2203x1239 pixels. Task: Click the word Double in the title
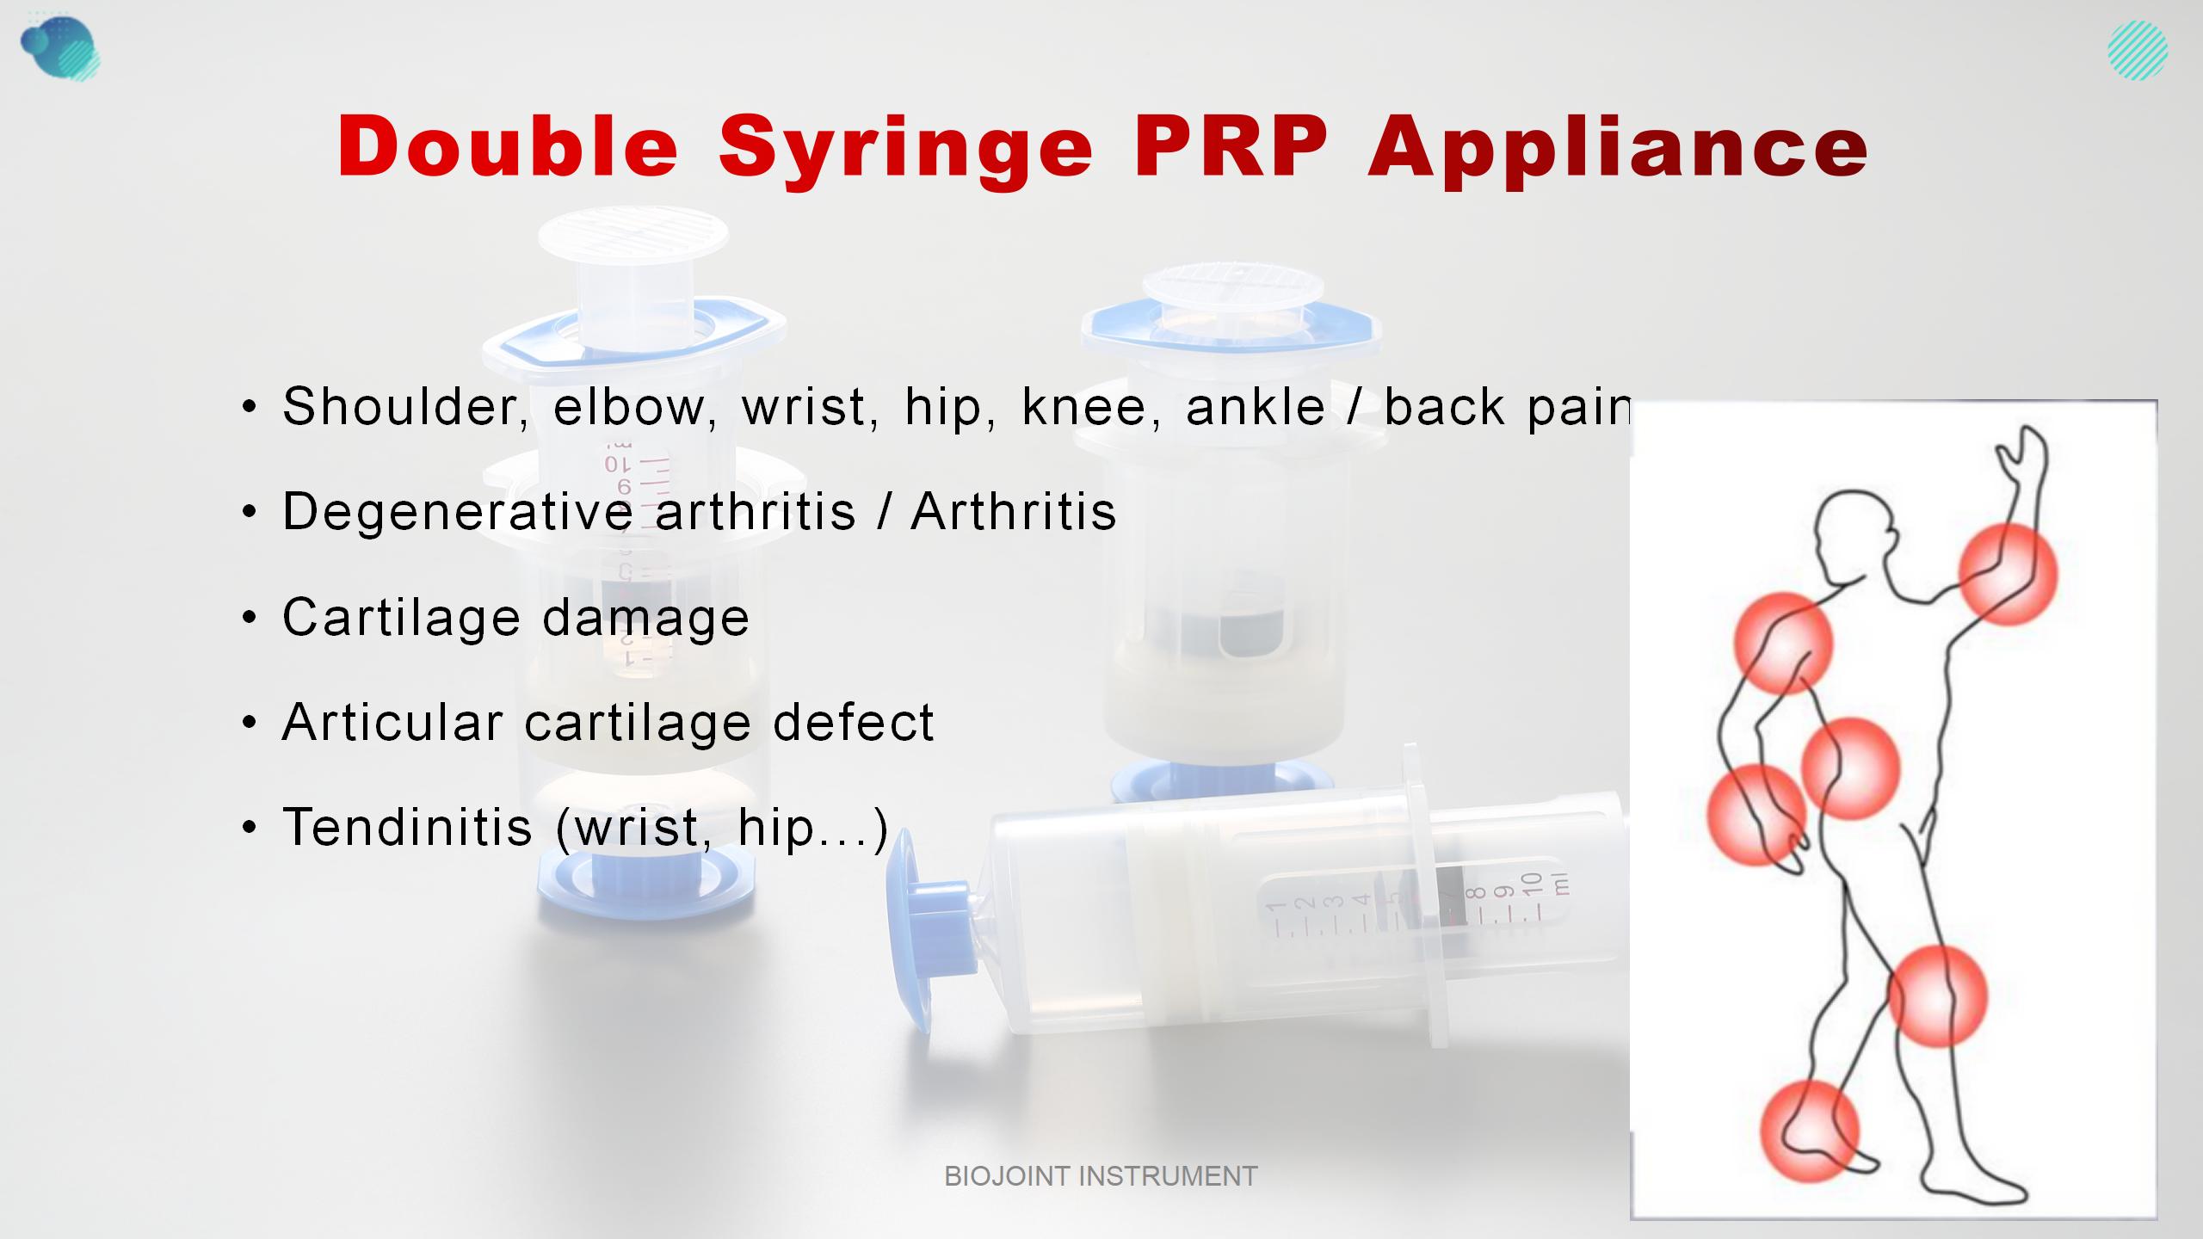point(508,146)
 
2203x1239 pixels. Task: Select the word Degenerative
point(458,512)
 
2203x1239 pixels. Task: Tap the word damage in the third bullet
point(645,618)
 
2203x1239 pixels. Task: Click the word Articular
point(392,722)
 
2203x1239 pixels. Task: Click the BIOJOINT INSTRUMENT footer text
point(1101,1176)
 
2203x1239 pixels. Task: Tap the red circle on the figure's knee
point(1937,996)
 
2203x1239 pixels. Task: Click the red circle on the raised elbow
point(2008,574)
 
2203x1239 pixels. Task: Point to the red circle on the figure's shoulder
point(1783,643)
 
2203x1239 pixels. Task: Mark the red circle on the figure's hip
point(1850,768)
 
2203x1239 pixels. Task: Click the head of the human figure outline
point(1854,533)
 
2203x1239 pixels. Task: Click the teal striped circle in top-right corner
point(2138,50)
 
